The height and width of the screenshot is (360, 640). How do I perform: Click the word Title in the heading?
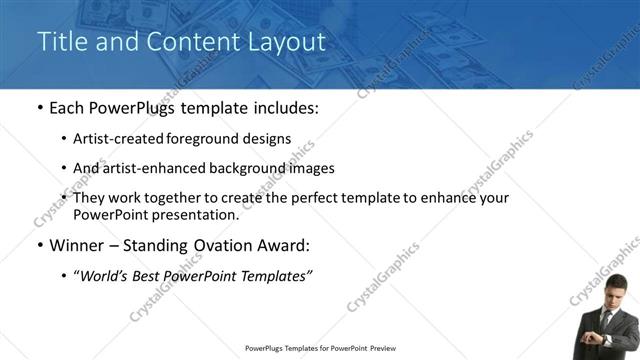[58, 42]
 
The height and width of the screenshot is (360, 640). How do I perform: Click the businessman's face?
[610, 296]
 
